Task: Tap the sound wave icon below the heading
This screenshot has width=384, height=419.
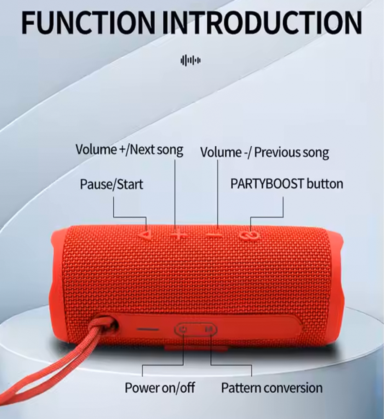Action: (x=191, y=60)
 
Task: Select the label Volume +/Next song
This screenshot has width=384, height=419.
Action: (x=129, y=150)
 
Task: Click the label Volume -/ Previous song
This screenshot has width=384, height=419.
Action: (x=264, y=153)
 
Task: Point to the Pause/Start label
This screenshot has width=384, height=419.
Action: (x=111, y=184)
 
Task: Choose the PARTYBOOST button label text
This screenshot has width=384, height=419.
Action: (x=286, y=184)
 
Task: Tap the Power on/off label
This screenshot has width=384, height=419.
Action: (x=160, y=388)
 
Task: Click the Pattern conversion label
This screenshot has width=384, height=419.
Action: (x=272, y=388)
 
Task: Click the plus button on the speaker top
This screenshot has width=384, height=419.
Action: (x=178, y=235)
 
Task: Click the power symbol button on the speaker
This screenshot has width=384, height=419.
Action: (x=183, y=329)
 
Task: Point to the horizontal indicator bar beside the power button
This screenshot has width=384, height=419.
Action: (x=148, y=329)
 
